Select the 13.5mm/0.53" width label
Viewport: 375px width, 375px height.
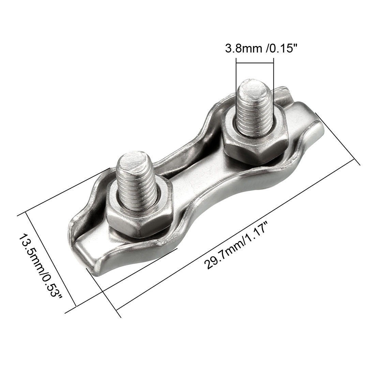point(41,266)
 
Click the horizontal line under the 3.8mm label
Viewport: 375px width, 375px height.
point(254,63)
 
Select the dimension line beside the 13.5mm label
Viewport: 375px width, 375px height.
point(51,262)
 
